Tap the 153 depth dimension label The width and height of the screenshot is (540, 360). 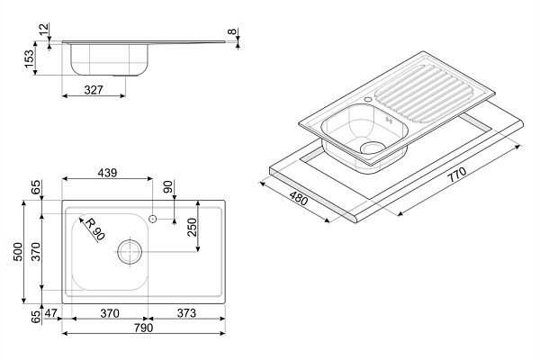click(30, 59)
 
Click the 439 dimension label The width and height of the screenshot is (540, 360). click(108, 173)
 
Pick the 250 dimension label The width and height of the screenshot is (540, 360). click(192, 226)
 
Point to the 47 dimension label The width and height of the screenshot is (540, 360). click(51, 314)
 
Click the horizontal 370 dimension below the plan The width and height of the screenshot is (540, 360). click(108, 314)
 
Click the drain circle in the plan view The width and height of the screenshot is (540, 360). click(129, 252)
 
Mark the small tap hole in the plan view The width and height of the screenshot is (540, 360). click(153, 219)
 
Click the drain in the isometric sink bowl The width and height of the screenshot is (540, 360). click(371, 146)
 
